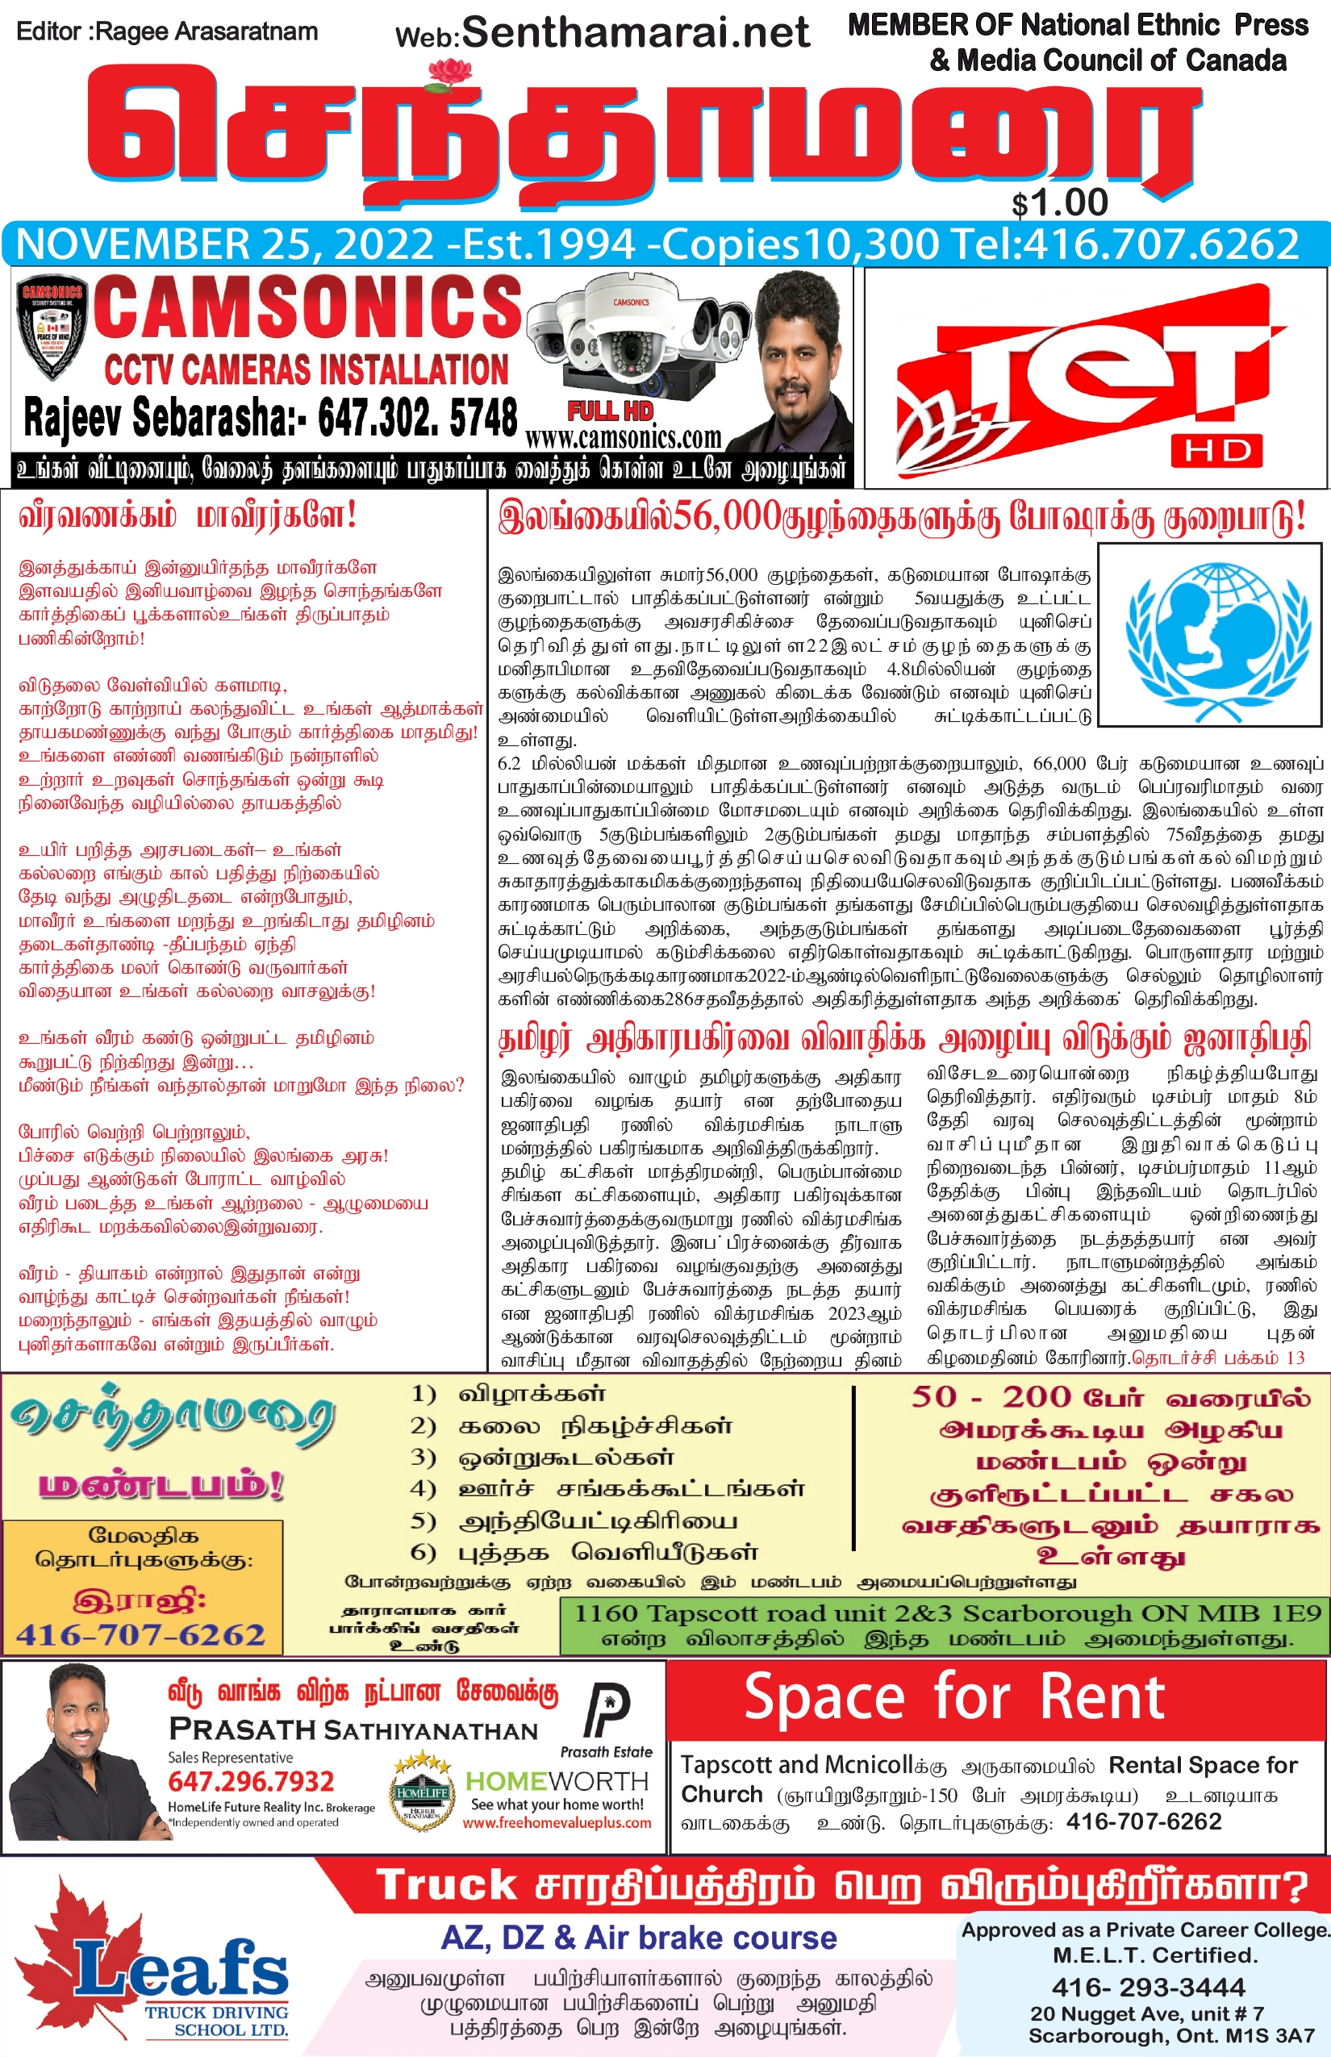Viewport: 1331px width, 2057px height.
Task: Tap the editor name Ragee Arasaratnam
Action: (x=206, y=32)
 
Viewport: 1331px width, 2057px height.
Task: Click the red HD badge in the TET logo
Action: (x=1216, y=450)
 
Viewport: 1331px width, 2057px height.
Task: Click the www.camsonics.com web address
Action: (x=623, y=438)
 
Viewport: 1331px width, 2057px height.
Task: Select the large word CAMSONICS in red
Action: (x=307, y=308)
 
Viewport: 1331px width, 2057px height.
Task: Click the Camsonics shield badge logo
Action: (x=52, y=329)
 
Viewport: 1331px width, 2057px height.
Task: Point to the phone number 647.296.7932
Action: (x=251, y=1782)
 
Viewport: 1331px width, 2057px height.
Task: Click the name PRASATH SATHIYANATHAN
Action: (x=353, y=1729)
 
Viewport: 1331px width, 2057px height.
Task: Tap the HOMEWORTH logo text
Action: (x=557, y=1781)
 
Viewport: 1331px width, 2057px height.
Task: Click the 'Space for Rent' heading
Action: (x=954, y=1696)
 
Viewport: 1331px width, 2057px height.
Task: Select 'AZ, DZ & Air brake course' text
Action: (x=639, y=1938)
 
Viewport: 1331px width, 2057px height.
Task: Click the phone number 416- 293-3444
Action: (x=1148, y=1987)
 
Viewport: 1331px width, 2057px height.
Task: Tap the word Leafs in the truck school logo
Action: (x=181, y=1969)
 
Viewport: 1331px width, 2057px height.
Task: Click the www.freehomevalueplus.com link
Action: (x=557, y=1823)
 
